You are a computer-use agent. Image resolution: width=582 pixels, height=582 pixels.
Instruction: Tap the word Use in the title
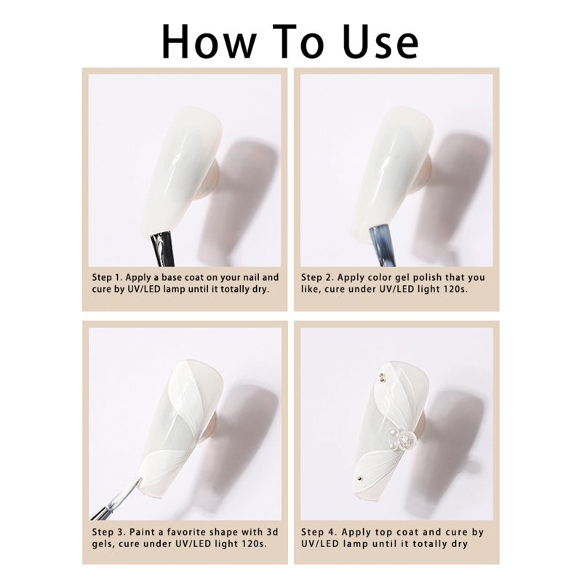(x=380, y=41)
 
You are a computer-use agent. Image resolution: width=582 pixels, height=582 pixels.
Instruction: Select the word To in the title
(x=299, y=41)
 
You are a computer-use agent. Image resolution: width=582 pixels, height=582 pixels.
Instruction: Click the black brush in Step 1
(x=162, y=248)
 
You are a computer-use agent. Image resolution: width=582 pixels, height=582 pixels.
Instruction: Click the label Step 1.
(x=108, y=278)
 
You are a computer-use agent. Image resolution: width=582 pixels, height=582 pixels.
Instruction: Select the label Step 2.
(x=317, y=278)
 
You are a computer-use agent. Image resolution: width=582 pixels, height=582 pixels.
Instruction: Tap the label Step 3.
(x=108, y=533)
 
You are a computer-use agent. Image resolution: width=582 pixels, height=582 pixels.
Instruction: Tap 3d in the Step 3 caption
(x=273, y=533)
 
